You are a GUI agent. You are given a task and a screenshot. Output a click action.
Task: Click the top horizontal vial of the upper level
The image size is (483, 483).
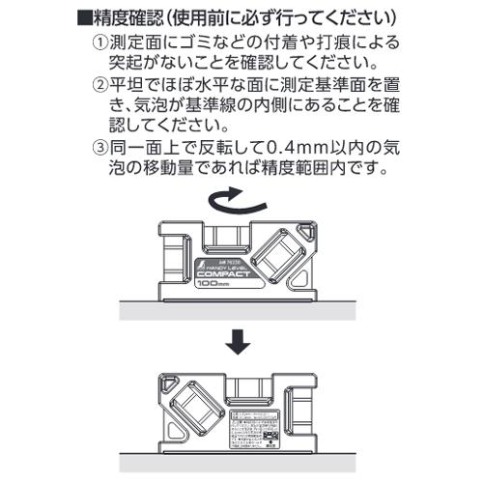point(228,238)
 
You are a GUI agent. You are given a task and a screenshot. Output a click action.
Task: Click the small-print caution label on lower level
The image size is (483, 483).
point(255,424)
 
